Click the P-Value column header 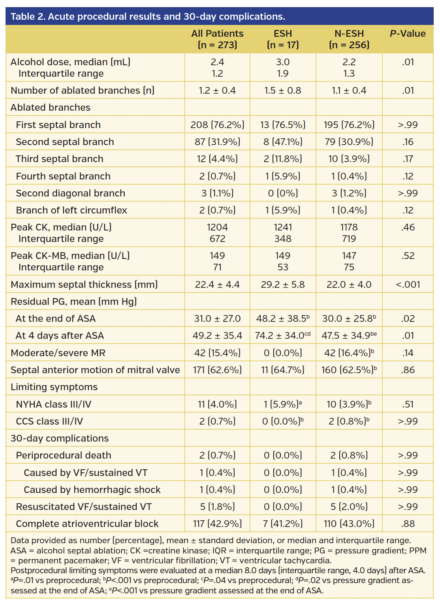click(408, 34)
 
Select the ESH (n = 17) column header click(283, 39)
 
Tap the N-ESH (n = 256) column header click(349, 39)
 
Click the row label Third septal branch click(60, 159)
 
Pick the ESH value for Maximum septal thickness click(283, 285)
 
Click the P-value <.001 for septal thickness click(408, 285)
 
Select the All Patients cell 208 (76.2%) click(217, 125)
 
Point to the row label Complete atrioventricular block click(87, 524)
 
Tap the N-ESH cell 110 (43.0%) click(349, 524)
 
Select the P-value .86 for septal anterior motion click(408, 370)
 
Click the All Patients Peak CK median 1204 click(217, 227)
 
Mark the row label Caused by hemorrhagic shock click(92, 490)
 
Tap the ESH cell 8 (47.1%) click(283, 142)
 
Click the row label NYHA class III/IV click(53, 404)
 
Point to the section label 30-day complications click(60, 438)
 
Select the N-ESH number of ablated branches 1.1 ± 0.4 click(349, 91)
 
